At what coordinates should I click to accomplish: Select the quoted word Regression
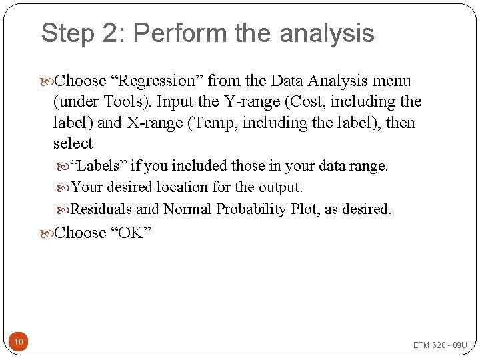pos(157,81)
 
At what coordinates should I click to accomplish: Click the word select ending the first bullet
pos(73,144)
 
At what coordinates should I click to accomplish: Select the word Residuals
pos(101,209)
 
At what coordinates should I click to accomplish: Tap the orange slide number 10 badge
pos(19,343)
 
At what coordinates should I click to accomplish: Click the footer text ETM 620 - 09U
pos(440,345)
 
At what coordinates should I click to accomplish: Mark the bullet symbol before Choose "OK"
pos(47,233)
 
